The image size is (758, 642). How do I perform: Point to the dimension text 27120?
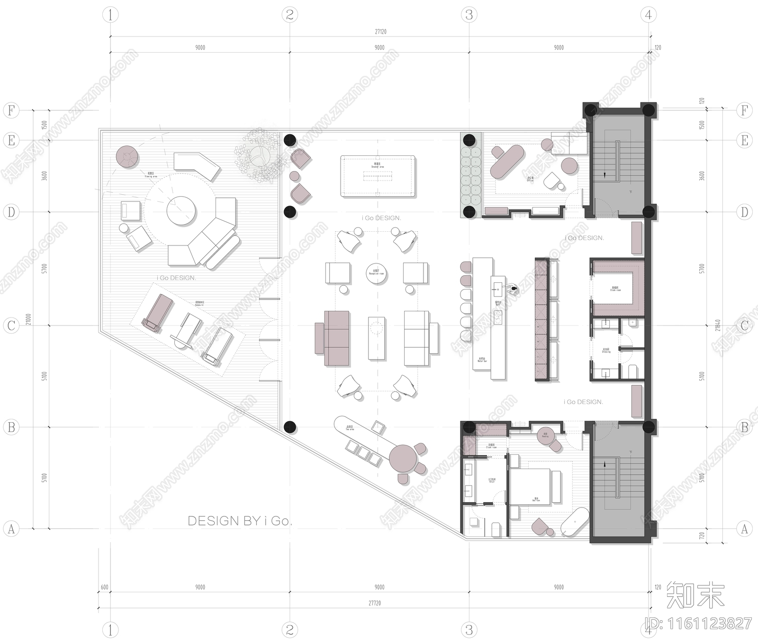tap(380, 32)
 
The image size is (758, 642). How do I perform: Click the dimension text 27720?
tap(374, 603)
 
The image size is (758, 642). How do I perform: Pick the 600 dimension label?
tap(104, 587)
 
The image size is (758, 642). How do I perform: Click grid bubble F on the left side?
tap(11, 110)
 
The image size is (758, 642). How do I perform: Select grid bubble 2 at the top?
tap(289, 15)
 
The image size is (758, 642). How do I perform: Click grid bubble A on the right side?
tap(744, 528)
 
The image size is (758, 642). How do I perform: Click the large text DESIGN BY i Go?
tap(240, 521)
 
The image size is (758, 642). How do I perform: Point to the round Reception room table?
tap(377, 273)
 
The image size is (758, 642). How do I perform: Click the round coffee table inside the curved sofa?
tap(181, 211)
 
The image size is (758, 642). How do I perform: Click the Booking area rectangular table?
tap(378, 176)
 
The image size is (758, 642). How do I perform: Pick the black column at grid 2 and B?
tap(290, 427)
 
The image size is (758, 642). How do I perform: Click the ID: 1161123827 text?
tap(699, 623)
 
